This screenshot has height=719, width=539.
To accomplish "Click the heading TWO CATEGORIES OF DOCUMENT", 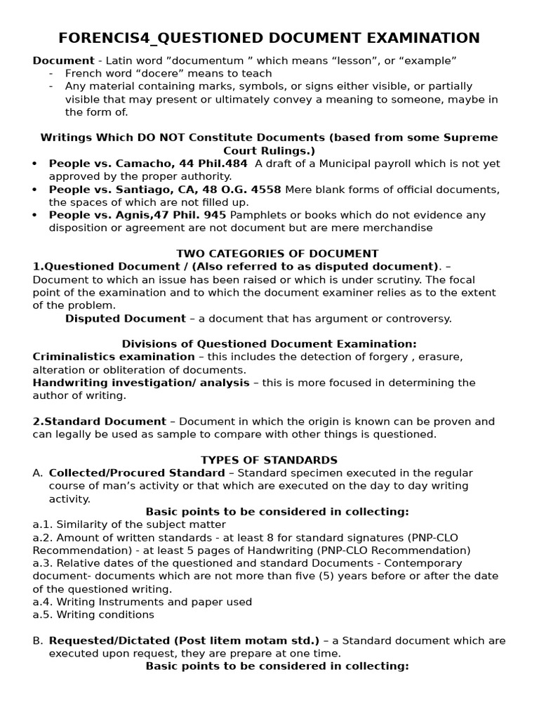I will (x=277, y=253).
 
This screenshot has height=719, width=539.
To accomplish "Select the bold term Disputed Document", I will (x=126, y=318).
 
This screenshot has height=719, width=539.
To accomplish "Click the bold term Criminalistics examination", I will (x=114, y=357).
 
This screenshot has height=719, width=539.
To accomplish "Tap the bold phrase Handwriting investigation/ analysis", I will (x=141, y=383).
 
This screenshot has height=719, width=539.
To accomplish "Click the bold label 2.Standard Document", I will (x=100, y=421).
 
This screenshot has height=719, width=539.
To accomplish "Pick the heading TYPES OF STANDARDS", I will (x=269, y=460).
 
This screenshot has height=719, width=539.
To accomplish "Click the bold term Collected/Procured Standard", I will (x=137, y=473).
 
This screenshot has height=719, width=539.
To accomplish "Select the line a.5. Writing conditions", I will (x=93, y=614).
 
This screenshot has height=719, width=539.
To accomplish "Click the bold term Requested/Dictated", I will (x=105, y=640).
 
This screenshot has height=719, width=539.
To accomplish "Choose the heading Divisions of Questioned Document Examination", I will (x=269, y=344).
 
